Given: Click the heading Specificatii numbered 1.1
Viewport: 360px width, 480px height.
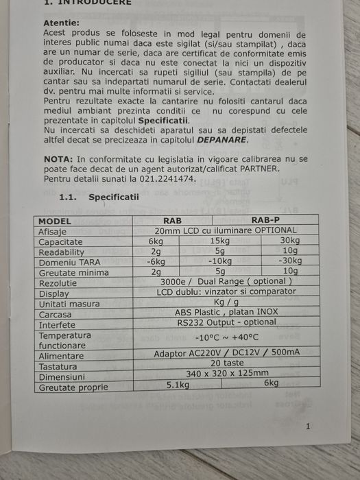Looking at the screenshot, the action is click(x=113, y=197).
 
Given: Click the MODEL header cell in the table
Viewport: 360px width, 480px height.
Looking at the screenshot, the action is click(x=55, y=221).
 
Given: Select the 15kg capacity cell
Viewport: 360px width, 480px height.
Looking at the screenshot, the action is click(x=219, y=241).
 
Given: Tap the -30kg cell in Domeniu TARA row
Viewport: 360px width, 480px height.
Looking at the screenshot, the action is click(x=290, y=261).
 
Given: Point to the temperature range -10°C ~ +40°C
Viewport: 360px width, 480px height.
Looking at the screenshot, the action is click(x=226, y=337).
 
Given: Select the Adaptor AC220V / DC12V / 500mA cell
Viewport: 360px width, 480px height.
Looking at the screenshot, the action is click(x=227, y=353).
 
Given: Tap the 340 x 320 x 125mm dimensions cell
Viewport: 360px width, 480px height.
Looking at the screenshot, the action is click(x=227, y=373).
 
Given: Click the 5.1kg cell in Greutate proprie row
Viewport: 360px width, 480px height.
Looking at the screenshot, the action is click(x=178, y=385).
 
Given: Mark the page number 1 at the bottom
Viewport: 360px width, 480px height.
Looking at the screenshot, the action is click(x=308, y=427).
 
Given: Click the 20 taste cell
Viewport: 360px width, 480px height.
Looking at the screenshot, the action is click(x=227, y=363).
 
